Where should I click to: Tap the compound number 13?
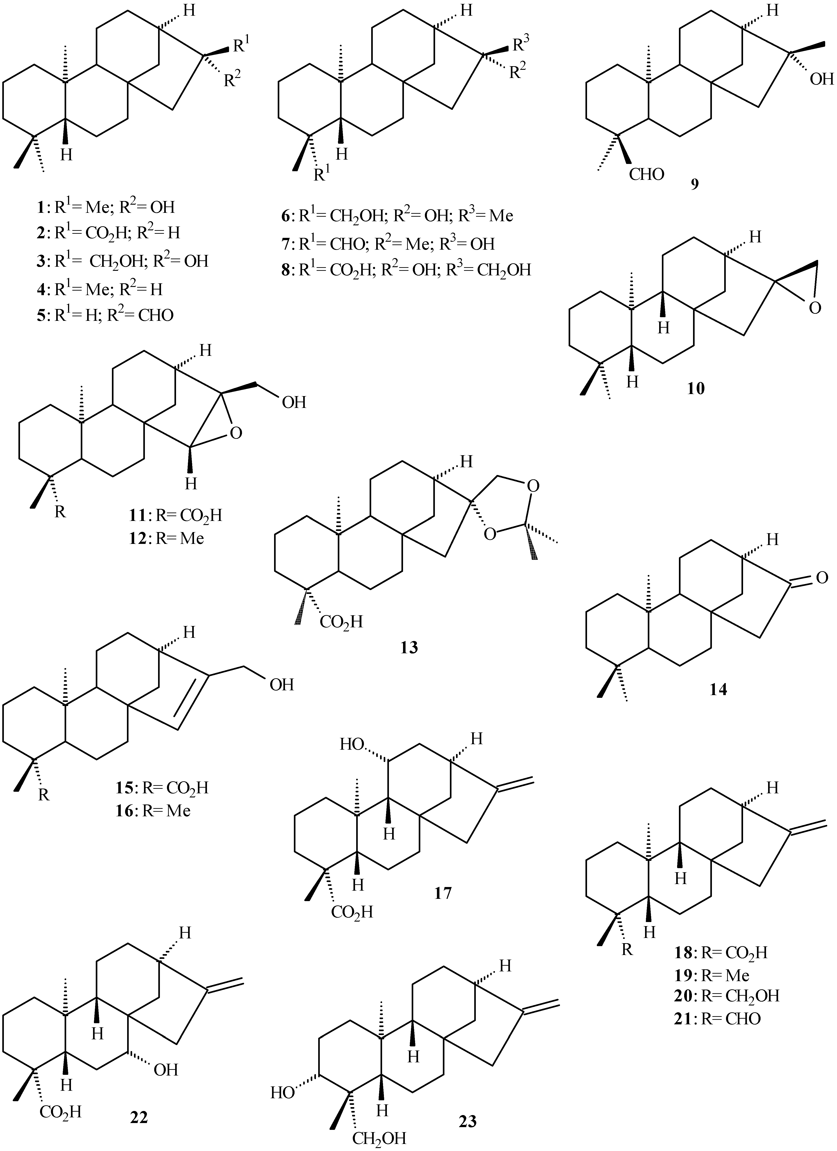pos(409,647)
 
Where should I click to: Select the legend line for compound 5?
pos(101,315)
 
